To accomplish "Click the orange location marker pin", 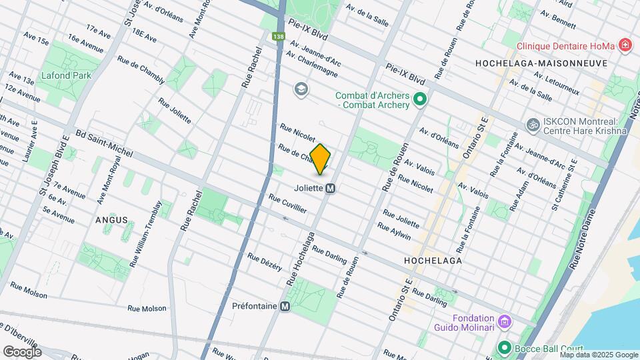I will pos(321,159).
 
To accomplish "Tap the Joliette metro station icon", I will pos(330,188).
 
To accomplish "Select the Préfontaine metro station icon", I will pos(285,307).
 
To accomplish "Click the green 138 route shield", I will pos(277,37).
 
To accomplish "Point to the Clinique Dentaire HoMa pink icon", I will pos(625,46).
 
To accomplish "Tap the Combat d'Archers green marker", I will pos(419,100).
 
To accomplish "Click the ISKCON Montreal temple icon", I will pos(532,124).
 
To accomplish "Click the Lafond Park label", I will pos(66,75).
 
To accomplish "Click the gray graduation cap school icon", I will pos(301,89).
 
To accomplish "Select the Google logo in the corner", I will pos(22,351).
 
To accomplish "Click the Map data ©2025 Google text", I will pos(599,355).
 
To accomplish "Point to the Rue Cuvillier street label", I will pos(287,204).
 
